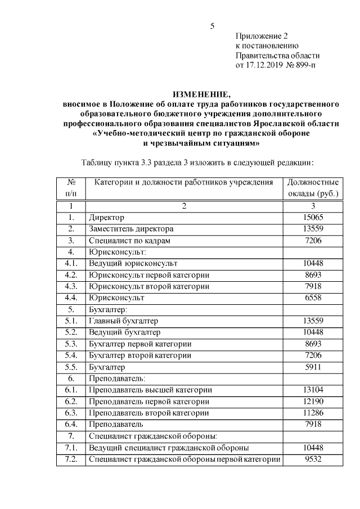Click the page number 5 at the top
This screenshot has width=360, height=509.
pos(212,26)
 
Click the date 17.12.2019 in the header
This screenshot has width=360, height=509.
pos(267,65)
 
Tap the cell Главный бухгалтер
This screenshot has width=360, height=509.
pos(124,321)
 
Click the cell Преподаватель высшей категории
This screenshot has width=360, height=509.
pos(150,390)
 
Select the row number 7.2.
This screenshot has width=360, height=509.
pos(71,459)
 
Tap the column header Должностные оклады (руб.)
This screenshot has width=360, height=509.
pos(313,188)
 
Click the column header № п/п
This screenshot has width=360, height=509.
pos(71,188)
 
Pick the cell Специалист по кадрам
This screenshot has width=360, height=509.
pos(127,240)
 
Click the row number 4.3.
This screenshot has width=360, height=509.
pos(71,286)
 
